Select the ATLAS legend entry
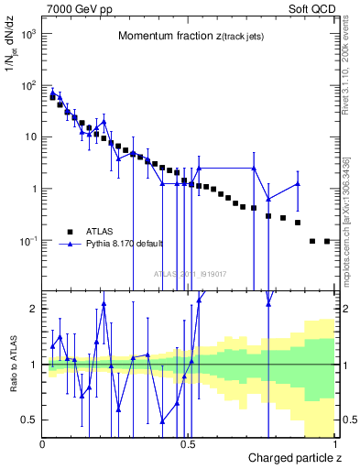102,231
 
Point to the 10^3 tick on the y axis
27,33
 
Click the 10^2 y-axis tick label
27,85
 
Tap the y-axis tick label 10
30,137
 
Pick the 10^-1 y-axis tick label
27,241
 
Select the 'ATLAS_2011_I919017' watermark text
190,274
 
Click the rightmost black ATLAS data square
327,241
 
